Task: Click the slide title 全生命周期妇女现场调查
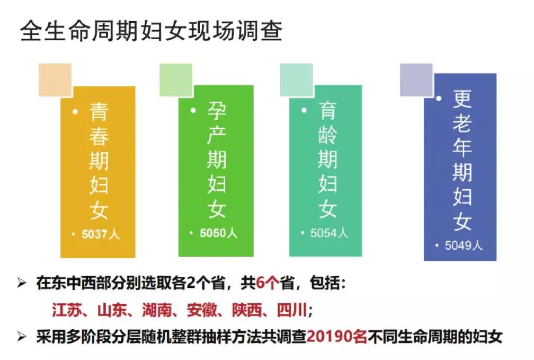152,31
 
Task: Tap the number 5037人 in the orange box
101,234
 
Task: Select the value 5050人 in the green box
218,233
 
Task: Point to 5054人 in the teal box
329,233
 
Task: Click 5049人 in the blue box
464,245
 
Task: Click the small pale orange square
55,80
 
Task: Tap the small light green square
176,80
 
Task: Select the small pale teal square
297,80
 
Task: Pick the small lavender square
416,80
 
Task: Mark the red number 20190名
337,337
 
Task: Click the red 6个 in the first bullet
267,283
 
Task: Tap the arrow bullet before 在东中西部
22,283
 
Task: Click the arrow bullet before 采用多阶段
22,337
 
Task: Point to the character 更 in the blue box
462,99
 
